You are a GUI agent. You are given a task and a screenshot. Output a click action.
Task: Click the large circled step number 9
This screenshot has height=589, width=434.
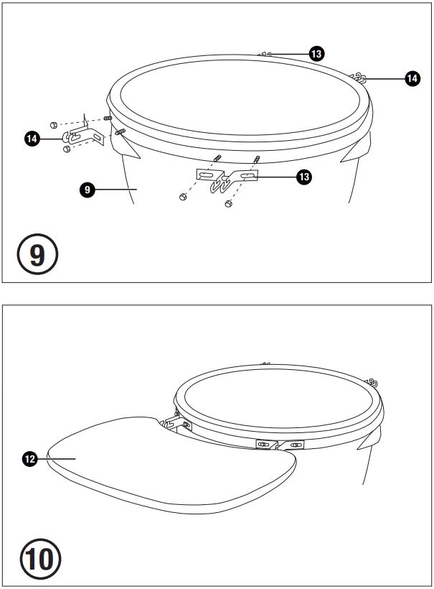[x=37, y=254]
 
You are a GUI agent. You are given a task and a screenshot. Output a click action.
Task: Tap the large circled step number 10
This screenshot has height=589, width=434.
[x=40, y=559]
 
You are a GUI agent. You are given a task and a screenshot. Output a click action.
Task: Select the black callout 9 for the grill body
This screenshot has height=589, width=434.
[x=87, y=190]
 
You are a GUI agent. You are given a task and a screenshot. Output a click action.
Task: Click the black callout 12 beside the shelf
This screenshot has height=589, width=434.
[x=29, y=459]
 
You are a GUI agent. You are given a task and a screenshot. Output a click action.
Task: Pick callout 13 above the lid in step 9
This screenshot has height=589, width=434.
[x=316, y=54]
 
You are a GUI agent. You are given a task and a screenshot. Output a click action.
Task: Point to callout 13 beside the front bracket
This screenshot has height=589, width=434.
[x=304, y=177]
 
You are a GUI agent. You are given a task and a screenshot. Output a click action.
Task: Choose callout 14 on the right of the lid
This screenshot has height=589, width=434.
[x=412, y=78]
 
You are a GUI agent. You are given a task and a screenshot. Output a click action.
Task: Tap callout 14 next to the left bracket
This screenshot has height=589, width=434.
[x=32, y=139]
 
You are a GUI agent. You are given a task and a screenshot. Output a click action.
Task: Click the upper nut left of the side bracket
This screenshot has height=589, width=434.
[x=53, y=125]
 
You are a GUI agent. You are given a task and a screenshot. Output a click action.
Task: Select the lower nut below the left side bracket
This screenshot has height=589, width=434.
[x=67, y=149]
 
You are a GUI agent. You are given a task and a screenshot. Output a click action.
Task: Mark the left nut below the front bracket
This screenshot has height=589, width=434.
[x=183, y=197]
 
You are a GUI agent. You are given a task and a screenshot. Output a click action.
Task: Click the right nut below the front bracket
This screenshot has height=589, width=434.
[x=228, y=203]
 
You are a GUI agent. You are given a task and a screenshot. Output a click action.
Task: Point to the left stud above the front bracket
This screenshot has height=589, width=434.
[x=217, y=158]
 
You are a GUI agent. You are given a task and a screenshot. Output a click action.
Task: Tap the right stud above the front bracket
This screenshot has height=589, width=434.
[x=257, y=159]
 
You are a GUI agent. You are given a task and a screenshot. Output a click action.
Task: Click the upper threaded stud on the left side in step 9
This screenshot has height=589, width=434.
[x=108, y=118]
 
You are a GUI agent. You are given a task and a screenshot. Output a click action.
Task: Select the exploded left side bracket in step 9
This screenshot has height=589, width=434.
[x=83, y=135]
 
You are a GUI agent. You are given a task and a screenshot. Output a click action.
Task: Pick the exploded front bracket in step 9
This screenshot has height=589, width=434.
[x=227, y=180]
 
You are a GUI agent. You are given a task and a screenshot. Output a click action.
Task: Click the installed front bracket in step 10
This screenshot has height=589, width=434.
[x=280, y=445]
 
